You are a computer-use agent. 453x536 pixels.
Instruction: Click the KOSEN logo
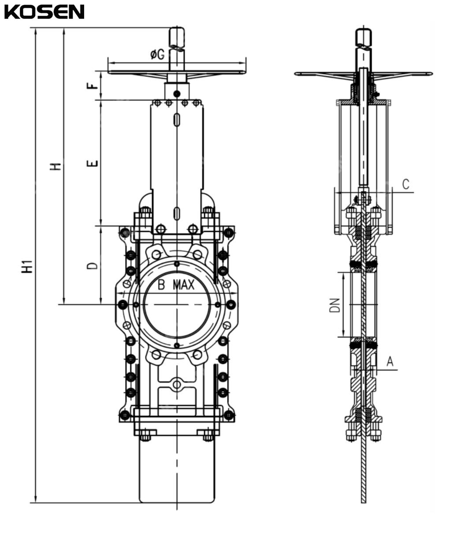click(44, 12)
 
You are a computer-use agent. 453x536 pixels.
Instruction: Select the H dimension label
click(56, 166)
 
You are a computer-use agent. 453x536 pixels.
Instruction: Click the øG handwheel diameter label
click(157, 55)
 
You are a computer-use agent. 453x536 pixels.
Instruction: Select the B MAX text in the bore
click(176, 285)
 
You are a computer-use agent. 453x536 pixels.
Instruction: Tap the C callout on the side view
click(406, 184)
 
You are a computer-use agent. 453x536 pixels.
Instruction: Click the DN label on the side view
click(335, 305)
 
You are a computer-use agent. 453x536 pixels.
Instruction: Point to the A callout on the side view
click(390, 362)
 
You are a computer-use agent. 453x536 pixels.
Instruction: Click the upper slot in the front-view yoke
click(176, 119)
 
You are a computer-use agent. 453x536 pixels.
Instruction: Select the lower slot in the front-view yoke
click(176, 212)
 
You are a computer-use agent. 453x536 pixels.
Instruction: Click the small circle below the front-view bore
click(177, 384)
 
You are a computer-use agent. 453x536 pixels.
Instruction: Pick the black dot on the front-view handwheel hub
click(177, 93)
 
